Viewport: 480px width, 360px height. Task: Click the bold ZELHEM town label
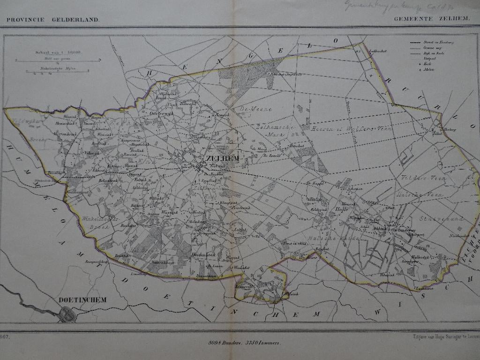(x=222, y=158)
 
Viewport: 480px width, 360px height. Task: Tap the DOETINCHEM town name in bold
(x=83, y=300)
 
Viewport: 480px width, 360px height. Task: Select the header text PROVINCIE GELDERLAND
(x=52, y=20)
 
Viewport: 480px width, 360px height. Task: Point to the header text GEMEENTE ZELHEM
(x=427, y=20)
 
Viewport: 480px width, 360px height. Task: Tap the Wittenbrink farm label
(x=65, y=134)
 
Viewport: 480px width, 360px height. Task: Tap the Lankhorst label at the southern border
(x=423, y=288)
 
